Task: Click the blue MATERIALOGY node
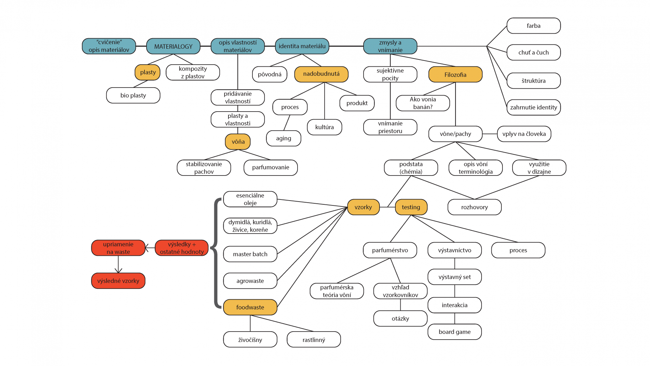tap(173, 46)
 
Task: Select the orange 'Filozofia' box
tap(455, 74)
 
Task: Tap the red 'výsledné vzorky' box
tap(118, 281)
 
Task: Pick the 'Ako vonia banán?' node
tap(423, 103)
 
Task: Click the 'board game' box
tap(455, 332)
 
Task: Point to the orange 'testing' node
tap(411, 207)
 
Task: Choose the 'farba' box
tap(533, 26)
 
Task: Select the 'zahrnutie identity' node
tap(533, 107)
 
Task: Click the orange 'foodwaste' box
tap(250, 307)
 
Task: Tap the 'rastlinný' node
tap(314, 340)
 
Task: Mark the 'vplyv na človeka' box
tap(524, 134)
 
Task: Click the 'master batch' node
tap(250, 254)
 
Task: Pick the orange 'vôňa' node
tap(238, 141)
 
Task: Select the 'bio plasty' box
tap(133, 95)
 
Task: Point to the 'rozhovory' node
tap(474, 207)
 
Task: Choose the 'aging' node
tap(283, 138)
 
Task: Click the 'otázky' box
tap(400, 318)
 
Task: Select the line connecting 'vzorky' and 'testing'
tap(387, 207)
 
